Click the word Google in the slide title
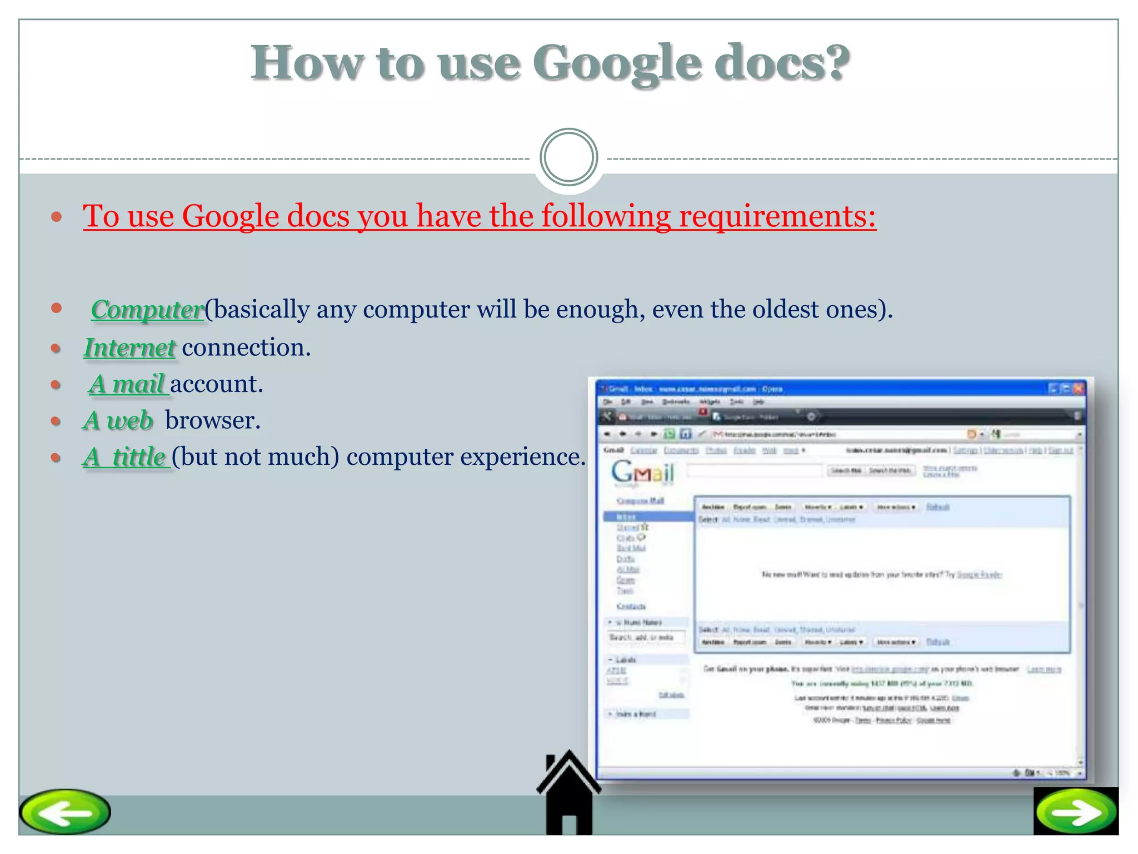tap(616, 64)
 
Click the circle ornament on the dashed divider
tap(568, 157)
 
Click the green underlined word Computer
tap(147, 310)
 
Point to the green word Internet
tap(129, 347)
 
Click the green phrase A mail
tap(128, 384)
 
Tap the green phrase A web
tap(118, 420)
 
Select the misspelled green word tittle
tap(139, 457)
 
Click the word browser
tap(212, 420)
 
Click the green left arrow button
tap(65, 812)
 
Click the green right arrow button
tap(1076, 812)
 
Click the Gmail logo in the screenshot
tap(642, 473)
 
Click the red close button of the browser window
tap(1077, 389)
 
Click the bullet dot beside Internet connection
tap(56, 349)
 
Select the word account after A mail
tap(216, 384)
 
